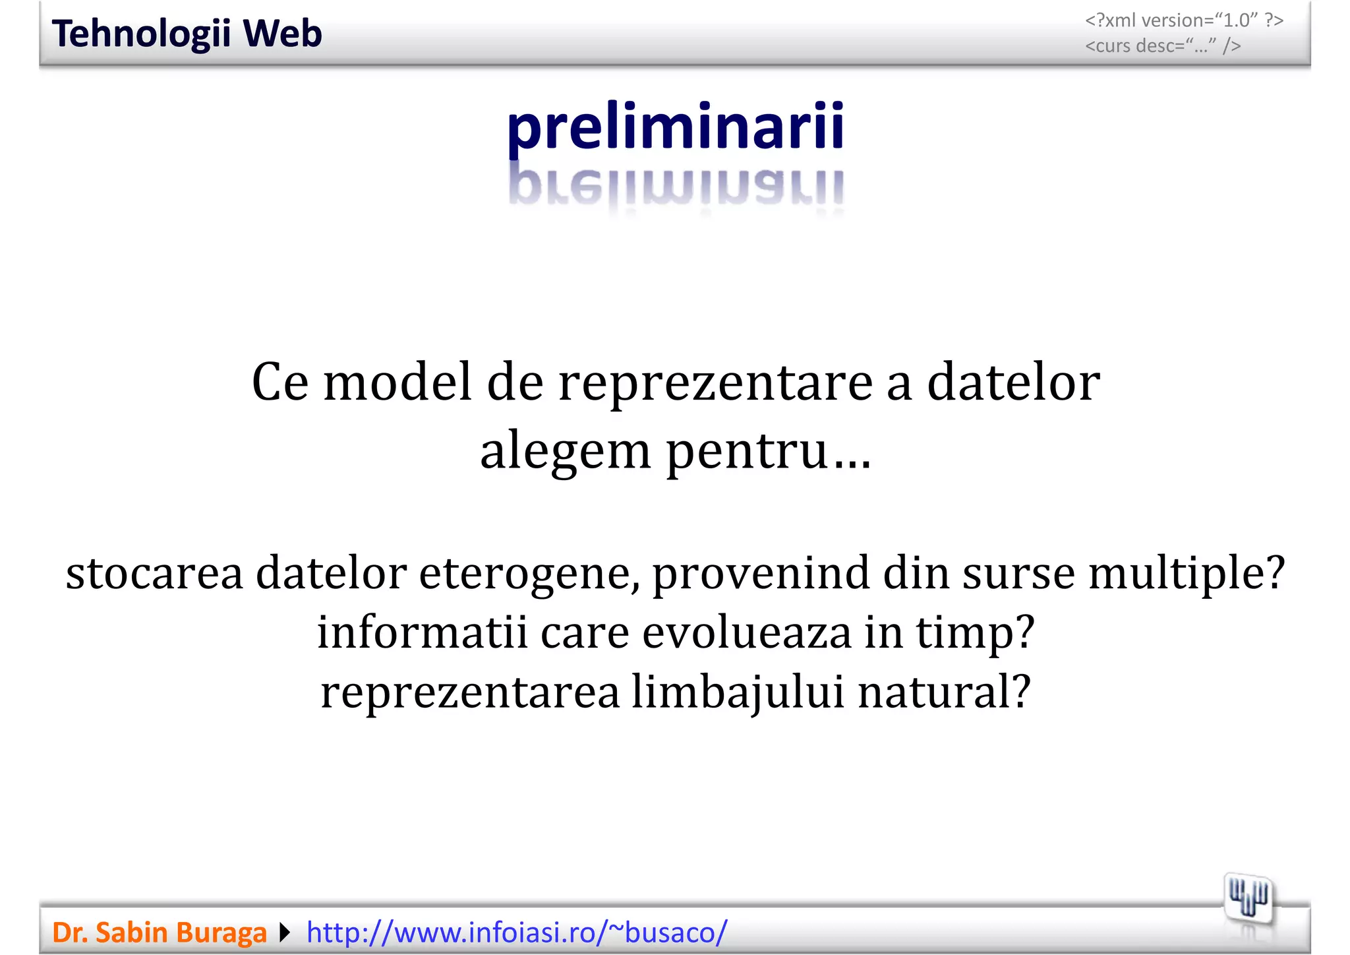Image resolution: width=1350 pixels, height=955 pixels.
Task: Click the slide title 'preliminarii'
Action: click(675, 127)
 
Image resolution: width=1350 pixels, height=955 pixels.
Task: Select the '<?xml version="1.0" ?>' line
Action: click(1184, 20)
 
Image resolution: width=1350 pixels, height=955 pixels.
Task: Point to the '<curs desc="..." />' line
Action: click(1163, 46)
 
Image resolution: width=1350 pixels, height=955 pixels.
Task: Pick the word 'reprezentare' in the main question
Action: click(715, 384)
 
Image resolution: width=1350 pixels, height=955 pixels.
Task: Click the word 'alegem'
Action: click(566, 452)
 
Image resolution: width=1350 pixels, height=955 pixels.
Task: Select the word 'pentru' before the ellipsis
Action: click(746, 452)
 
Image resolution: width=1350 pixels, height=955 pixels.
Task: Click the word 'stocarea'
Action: click(154, 572)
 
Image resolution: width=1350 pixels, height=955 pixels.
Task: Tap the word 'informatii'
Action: click(422, 632)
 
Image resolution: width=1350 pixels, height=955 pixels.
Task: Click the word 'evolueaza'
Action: click(746, 632)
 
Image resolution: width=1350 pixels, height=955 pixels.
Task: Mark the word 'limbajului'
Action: click(738, 693)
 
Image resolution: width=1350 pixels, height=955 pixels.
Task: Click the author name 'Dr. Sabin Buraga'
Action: click(159, 933)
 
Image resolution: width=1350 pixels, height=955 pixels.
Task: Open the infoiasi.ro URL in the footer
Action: click(517, 933)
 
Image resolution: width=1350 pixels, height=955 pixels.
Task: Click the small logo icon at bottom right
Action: click(1248, 898)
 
